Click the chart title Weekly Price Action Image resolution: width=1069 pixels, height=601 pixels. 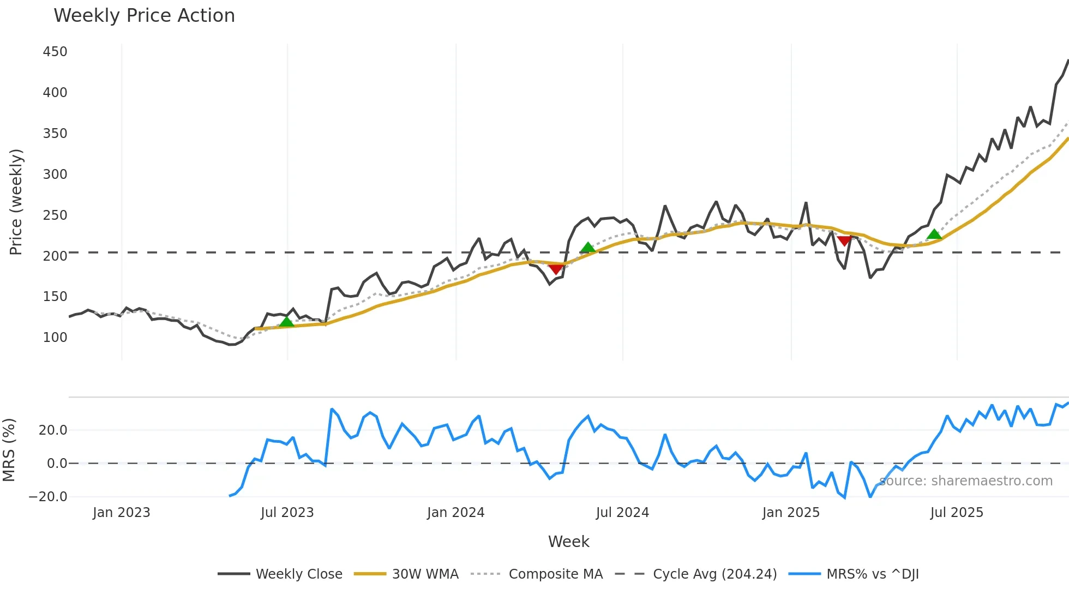pyautogui.click(x=144, y=16)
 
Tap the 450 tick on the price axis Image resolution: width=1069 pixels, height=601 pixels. pyautogui.click(x=55, y=52)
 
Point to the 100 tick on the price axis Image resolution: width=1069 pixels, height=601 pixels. pyautogui.click(x=55, y=338)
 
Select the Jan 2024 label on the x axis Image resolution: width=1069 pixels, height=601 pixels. pyautogui.click(x=455, y=513)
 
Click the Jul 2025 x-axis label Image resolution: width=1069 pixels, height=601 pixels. pyautogui.click(x=957, y=513)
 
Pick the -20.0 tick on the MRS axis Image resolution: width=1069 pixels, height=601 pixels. pyautogui.click(x=48, y=497)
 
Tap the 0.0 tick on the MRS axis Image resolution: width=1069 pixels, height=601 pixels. pyautogui.click(x=57, y=464)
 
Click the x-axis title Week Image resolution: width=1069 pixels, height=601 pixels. pyautogui.click(x=568, y=542)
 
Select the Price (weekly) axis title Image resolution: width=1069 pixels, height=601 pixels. pyautogui.click(x=16, y=202)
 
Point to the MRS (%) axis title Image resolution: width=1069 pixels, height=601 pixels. pyautogui.click(x=9, y=450)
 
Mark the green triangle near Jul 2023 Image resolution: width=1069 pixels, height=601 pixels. pyautogui.click(x=286, y=322)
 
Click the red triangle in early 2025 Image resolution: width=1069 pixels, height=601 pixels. pyautogui.click(x=844, y=241)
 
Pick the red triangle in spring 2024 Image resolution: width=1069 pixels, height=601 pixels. pyautogui.click(x=556, y=269)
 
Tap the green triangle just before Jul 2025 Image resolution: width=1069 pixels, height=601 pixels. pyautogui.click(x=934, y=235)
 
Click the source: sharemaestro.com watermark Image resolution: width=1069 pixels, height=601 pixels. pyautogui.click(x=965, y=481)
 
